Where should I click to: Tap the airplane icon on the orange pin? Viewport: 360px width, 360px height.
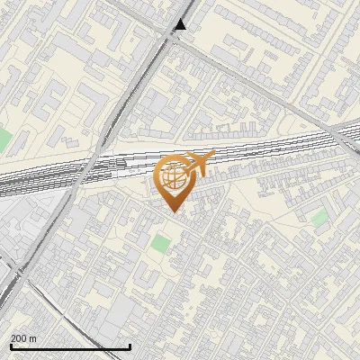198,165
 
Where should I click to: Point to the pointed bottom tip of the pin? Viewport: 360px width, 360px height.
173,211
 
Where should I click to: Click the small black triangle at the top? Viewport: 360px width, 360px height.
181,25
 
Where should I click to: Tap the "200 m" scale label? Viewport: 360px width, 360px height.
23,338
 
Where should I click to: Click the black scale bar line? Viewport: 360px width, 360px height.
70,346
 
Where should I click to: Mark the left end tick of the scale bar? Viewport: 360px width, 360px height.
10,346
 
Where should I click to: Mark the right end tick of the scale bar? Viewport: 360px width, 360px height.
130,346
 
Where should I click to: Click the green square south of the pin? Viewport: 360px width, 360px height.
160,243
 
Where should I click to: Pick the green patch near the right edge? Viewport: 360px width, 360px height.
319,217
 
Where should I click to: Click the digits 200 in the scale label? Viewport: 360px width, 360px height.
19,338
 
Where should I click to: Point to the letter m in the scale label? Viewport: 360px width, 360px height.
32,338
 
